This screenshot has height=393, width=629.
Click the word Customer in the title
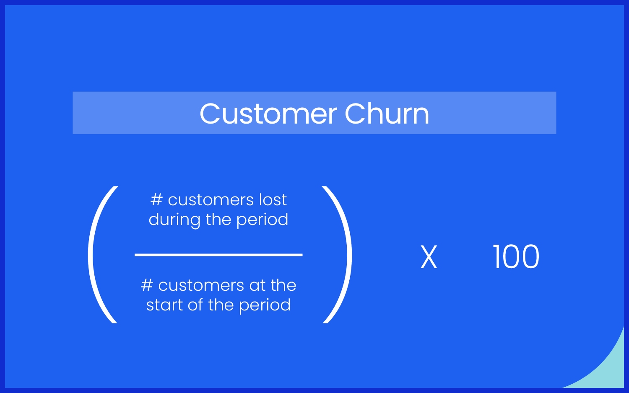(x=268, y=114)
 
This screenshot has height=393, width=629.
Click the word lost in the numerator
(x=273, y=200)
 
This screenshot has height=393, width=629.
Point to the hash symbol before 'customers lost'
(x=156, y=200)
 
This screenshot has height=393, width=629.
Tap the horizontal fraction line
(x=218, y=254)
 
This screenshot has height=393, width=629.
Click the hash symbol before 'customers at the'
(x=147, y=285)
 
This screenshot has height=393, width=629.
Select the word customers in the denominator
(x=201, y=286)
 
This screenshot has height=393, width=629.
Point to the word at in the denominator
(x=257, y=286)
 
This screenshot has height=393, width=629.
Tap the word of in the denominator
(x=195, y=305)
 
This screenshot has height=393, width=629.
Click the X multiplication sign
(x=429, y=257)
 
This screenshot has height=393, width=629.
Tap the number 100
(x=516, y=257)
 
